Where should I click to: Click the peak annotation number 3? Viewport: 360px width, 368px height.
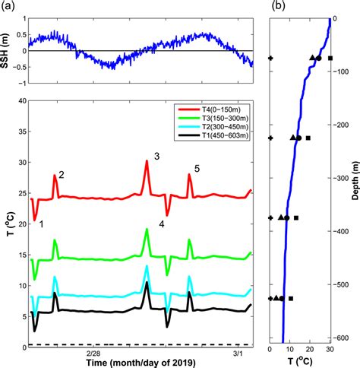[x=156, y=156]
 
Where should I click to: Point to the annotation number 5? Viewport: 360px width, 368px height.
[x=197, y=169]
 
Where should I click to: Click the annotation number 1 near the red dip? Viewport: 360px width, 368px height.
[x=41, y=224]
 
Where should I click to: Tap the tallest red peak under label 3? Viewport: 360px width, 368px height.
[x=147, y=161]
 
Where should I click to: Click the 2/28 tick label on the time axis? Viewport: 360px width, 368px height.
[x=94, y=354]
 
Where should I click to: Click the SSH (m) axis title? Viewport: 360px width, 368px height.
[x=7, y=51]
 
